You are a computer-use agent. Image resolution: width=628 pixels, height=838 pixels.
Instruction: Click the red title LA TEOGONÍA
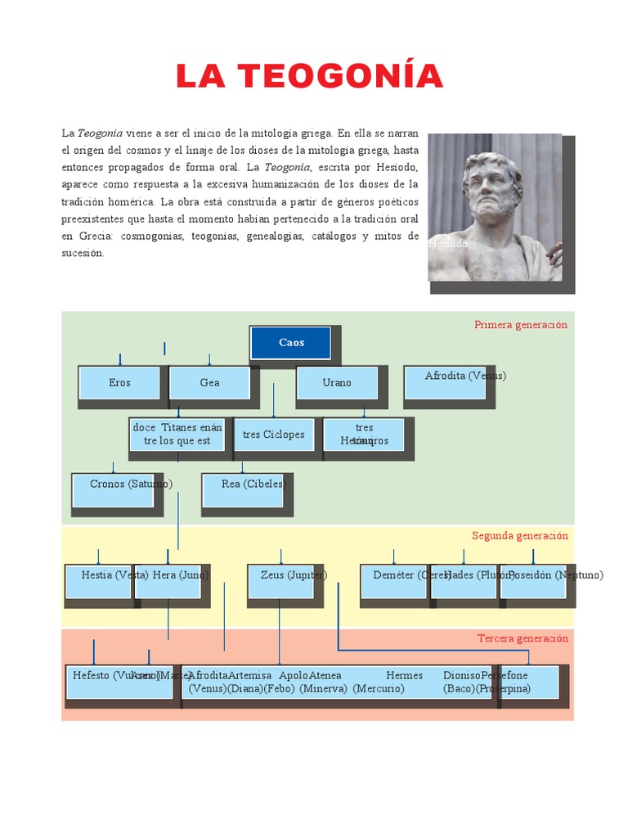tap(309, 76)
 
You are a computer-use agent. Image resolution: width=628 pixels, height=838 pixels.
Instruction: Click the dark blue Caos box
tap(290, 343)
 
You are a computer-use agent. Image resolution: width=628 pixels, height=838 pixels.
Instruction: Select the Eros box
tap(119, 383)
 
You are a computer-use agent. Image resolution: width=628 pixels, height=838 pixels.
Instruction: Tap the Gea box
tap(209, 383)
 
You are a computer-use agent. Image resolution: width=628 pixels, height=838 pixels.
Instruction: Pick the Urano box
tap(337, 383)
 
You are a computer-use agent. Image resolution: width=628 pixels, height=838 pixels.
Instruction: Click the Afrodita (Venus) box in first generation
tap(446, 382)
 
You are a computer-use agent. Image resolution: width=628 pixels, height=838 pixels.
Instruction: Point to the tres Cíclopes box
tap(273, 435)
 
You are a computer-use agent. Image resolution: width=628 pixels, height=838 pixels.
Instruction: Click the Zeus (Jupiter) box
tap(280, 581)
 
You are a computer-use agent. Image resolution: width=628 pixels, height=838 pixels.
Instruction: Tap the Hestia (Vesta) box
tap(98, 581)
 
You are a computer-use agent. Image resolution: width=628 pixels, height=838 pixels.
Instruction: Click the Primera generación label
tap(520, 325)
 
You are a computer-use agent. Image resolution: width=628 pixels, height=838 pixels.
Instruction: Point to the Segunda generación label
tap(519, 536)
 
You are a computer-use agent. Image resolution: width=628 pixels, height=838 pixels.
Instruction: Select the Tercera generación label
tap(523, 638)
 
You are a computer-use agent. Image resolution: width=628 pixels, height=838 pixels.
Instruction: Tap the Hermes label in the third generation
tap(404, 676)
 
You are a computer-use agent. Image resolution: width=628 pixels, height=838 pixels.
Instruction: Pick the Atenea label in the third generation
tap(325, 676)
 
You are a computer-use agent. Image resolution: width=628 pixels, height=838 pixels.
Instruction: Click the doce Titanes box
tap(177, 435)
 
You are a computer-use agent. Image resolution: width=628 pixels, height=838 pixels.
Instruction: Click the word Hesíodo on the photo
tap(449, 244)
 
